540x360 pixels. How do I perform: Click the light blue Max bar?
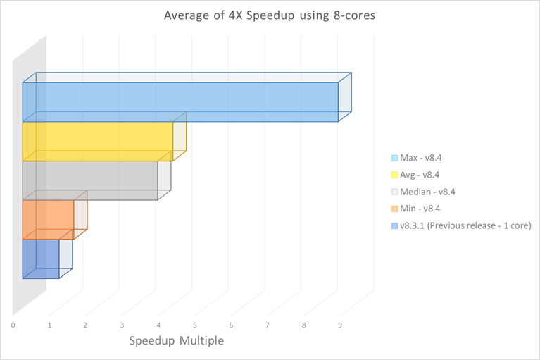point(180,102)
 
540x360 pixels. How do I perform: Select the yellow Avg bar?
point(98,141)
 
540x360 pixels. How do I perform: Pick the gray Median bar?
point(90,180)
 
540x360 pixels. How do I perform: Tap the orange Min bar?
point(48,219)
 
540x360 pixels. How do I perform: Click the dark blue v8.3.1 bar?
point(41,259)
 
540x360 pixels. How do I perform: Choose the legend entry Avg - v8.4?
point(421,175)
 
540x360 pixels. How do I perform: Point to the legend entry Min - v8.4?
point(421,209)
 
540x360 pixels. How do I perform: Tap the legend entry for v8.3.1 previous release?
point(460,225)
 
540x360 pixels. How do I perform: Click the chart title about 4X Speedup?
point(269,15)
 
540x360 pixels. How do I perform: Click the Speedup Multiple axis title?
point(176,341)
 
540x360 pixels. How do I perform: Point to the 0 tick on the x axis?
point(13,325)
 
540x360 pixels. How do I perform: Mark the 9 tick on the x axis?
point(340,325)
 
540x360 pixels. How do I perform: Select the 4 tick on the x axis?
point(158,325)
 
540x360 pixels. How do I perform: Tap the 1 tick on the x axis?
point(49,325)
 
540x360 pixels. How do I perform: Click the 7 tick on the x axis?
point(268,325)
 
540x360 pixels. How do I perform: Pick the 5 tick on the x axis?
point(195,325)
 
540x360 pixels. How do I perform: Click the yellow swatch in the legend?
point(394,175)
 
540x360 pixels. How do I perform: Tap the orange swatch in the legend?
point(394,209)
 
